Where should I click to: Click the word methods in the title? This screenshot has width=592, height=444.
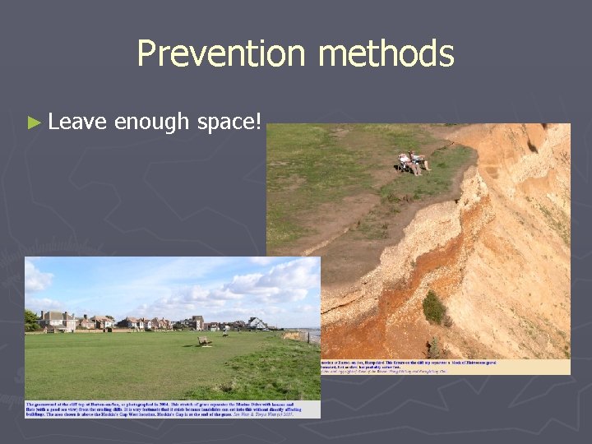(x=386, y=54)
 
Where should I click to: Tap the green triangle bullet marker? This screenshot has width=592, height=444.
(x=33, y=123)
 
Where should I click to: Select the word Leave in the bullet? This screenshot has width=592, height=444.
(x=77, y=123)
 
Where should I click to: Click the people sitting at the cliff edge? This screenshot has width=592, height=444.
(x=413, y=162)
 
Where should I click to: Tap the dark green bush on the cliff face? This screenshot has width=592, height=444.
(x=434, y=308)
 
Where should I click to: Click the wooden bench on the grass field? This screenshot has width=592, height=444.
(x=204, y=340)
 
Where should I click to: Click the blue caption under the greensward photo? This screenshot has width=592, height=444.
(x=173, y=409)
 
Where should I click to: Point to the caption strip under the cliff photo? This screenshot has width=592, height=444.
(x=444, y=367)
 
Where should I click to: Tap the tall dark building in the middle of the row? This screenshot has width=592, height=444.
(x=197, y=321)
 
